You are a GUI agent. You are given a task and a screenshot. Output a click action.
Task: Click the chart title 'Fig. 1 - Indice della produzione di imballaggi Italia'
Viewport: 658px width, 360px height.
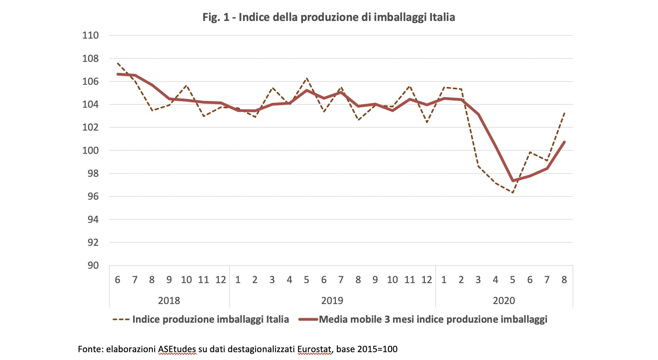329,17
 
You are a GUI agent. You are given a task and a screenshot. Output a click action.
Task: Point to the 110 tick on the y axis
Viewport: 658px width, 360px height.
90,35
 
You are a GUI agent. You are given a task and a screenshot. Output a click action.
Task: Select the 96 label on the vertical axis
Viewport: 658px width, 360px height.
93,196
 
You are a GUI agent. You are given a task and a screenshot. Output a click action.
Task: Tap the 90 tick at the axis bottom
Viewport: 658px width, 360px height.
93,265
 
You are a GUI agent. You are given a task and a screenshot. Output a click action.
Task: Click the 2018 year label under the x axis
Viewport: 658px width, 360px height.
169,300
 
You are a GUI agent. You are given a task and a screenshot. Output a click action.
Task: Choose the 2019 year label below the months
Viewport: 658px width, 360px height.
332,300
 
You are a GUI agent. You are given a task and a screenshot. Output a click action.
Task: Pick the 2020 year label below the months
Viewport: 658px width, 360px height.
504,300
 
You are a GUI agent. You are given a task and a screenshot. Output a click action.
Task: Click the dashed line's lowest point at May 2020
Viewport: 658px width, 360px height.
512,193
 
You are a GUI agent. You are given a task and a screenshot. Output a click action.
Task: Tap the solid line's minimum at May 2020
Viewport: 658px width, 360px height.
512,181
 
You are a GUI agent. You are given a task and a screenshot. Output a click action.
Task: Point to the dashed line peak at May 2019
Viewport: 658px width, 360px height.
306,79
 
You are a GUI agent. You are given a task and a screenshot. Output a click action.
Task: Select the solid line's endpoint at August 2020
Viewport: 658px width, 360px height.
564,142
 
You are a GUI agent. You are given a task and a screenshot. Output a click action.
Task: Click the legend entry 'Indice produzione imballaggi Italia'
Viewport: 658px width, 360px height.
210,319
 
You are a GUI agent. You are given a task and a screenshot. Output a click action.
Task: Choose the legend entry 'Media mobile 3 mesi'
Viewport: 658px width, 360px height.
433,319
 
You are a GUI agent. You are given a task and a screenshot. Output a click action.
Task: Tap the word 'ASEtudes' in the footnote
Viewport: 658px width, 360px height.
177,349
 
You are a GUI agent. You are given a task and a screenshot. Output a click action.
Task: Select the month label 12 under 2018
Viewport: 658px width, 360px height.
221,280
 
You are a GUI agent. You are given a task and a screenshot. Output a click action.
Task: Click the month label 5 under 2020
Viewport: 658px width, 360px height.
512,280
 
